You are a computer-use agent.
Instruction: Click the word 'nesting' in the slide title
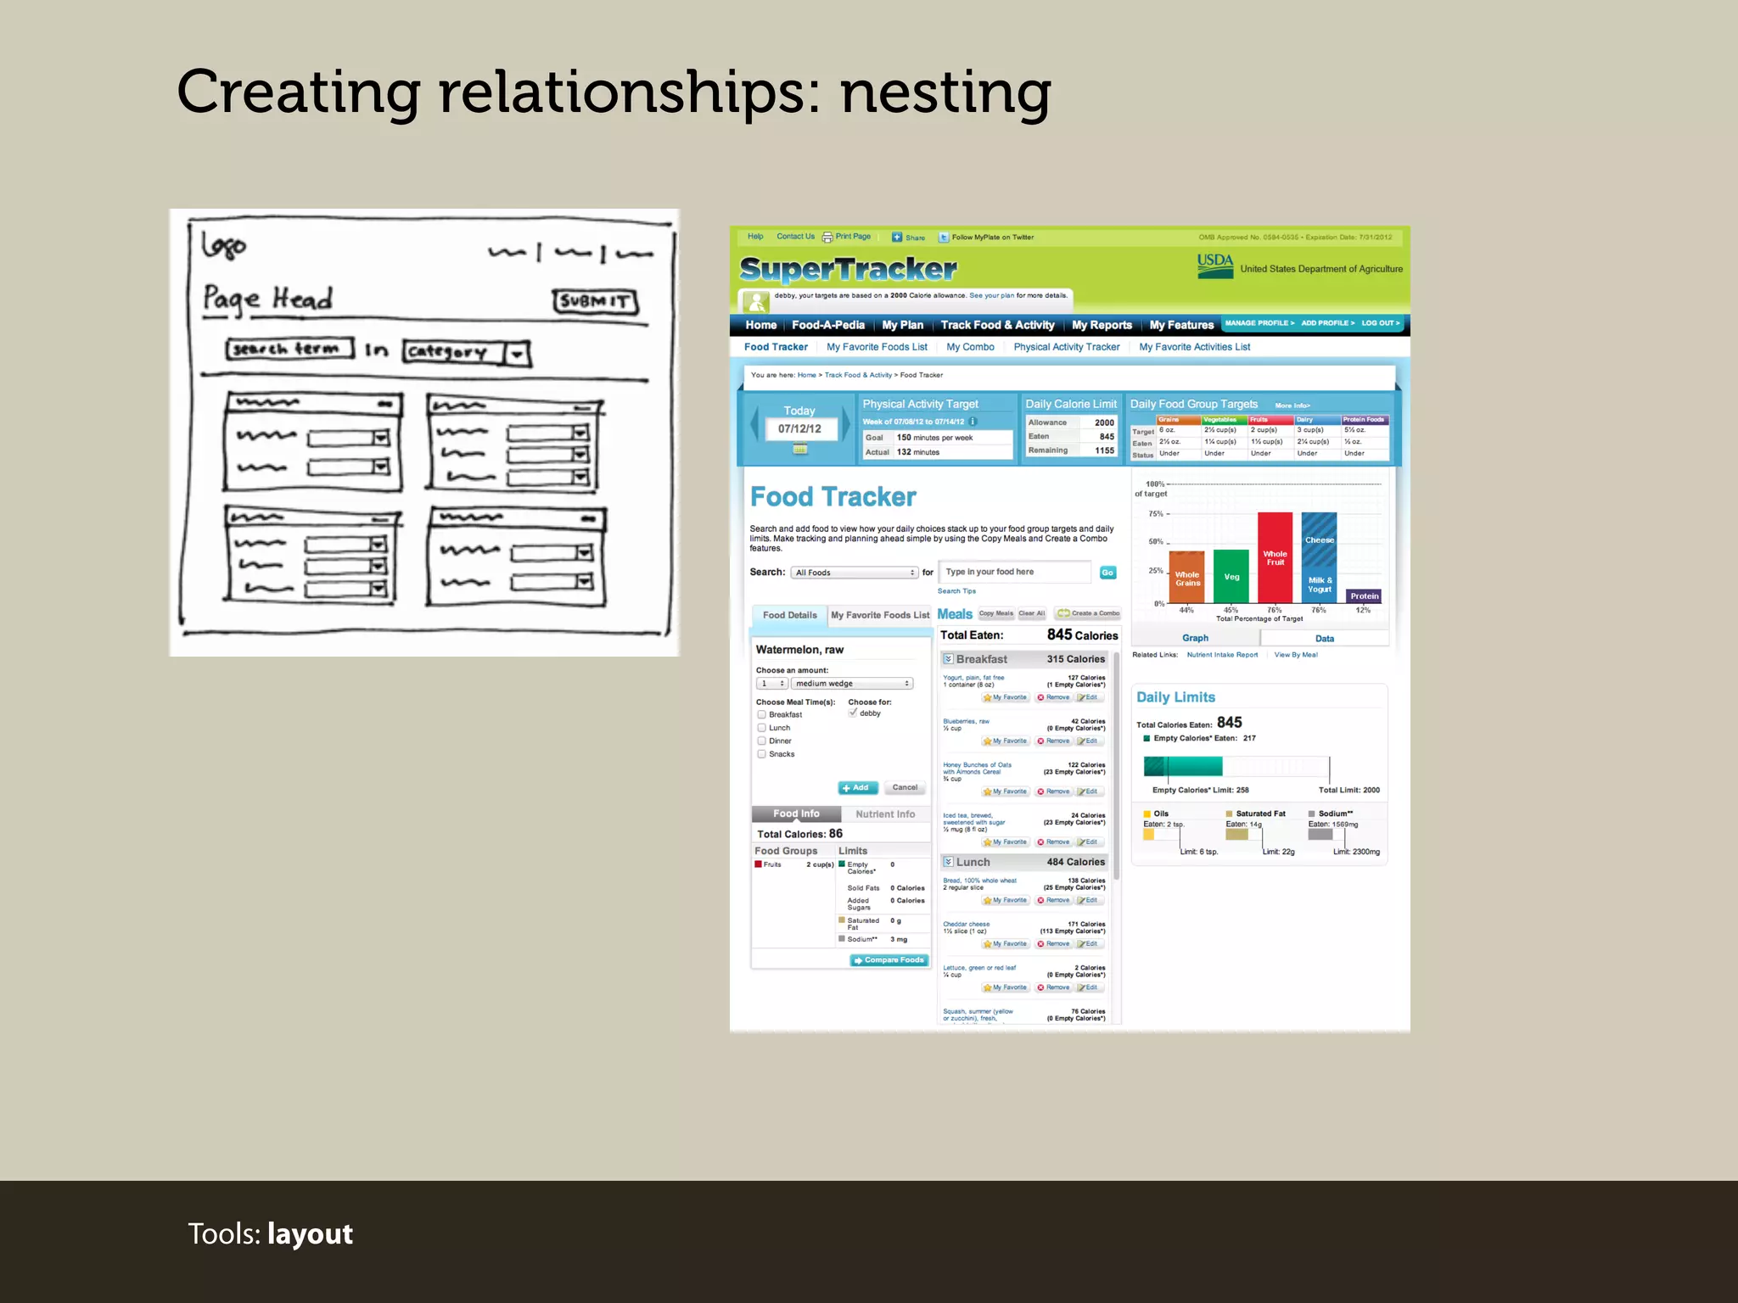click(945, 93)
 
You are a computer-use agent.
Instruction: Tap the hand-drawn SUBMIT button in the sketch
click(596, 301)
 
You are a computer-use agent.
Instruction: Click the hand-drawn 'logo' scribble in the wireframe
click(224, 246)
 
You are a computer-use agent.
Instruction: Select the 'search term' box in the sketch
click(289, 350)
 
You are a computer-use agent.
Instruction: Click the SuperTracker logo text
click(848, 270)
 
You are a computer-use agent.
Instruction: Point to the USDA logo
click(1215, 266)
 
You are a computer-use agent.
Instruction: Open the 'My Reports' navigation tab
click(1102, 325)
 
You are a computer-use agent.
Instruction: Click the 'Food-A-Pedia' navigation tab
click(828, 325)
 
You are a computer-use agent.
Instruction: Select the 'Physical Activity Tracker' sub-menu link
click(1067, 347)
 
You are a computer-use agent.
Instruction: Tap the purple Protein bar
click(1364, 596)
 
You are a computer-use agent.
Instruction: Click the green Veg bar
click(1231, 576)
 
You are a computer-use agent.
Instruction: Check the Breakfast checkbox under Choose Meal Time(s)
click(762, 714)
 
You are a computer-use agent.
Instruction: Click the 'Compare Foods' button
click(889, 960)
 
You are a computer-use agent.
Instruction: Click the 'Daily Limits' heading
click(1175, 697)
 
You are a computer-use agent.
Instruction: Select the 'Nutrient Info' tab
click(885, 814)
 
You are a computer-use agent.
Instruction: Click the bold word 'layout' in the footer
click(310, 1234)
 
